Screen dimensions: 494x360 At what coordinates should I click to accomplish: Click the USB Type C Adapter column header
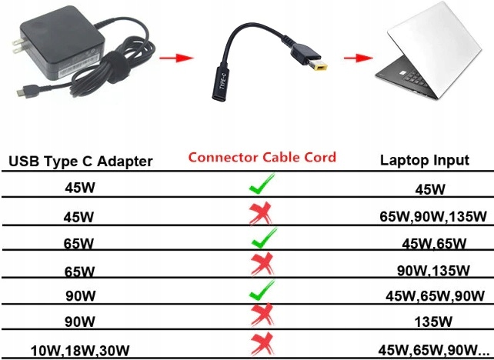tap(81, 161)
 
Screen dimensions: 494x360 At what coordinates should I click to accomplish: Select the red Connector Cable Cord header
tap(262, 158)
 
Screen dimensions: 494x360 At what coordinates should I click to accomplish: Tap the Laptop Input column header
tap(425, 160)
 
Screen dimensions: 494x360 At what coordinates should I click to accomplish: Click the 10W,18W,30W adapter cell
tap(79, 351)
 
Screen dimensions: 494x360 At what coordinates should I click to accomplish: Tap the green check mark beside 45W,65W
tap(262, 239)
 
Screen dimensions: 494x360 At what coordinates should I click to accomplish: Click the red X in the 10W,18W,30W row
tap(262, 343)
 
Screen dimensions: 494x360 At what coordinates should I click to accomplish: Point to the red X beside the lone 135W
tap(262, 315)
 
